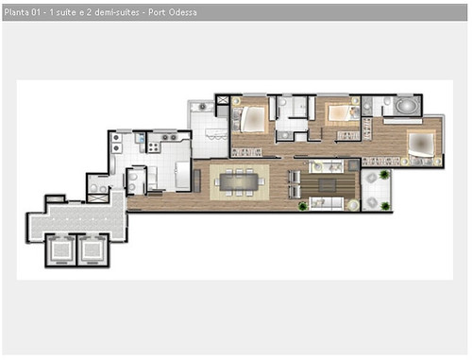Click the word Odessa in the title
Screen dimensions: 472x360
pyautogui.click(x=183, y=12)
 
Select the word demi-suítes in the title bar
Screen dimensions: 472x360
pyautogui.click(x=117, y=12)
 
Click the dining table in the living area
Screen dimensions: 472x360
pyautogui.click(x=239, y=182)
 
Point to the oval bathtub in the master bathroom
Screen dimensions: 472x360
pyautogui.click(x=407, y=105)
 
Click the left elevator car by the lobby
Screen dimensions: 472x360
pyautogui.click(x=61, y=249)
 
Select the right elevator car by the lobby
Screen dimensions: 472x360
pyautogui.click(x=92, y=249)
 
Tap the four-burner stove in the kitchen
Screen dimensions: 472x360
pyautogui.click(x=154, y=147)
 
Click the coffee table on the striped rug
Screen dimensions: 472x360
pyautogui.click(x=327, y=185)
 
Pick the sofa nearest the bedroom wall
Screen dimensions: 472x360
pyautogui.click(x=326, y=166)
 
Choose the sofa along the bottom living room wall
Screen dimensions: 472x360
pyautogui.click(x=326, y=203)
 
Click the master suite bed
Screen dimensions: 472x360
pyautogui.click(x=421, y=145)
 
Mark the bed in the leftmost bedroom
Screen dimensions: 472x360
pyautogui.click(x=252, y=119)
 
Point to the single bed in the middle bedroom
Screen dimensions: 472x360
pyautogui.click(x=341, y=112)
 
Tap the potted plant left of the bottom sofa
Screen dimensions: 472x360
pyautogui.click(x=303, y=206)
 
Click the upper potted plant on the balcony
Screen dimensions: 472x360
pyautogui.click(x=384, y=174)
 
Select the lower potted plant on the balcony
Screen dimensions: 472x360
pyautogui.click(x=385, y=206)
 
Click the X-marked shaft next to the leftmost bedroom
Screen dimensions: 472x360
pyautogui.click(x=223, y=100)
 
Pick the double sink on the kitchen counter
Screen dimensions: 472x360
pyautogui.click(x=116, y=143)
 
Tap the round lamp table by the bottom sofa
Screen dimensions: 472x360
pyautogui.click(x=353, y=205)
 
